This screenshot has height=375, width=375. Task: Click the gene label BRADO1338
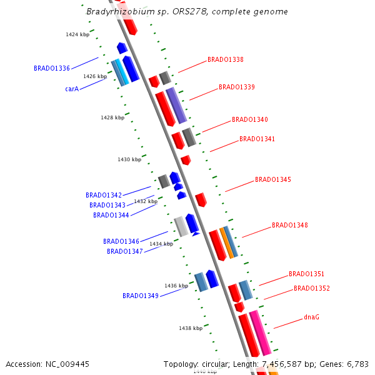click(x=226, y=60)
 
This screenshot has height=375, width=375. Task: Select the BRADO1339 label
click(x=237, y=87)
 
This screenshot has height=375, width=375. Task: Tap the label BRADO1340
click(x=250, y=119)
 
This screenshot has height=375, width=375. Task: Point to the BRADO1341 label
click(x=257, y=139)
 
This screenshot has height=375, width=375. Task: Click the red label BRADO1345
click(x=273, y=180)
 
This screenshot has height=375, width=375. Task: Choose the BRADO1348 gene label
click(x=290, y=225)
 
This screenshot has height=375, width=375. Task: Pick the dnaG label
click(x=312, y=317)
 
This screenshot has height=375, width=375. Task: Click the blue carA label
click(x=71, y=89)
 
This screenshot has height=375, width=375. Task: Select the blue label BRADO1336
click(x=52, y=68)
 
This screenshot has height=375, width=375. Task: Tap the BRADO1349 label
click(x=141, y=296)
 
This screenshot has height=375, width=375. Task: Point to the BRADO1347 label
click(x=125, y=251)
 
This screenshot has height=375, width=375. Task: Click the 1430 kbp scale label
click(x=129, y=159)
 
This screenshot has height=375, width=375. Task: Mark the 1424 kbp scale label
click(x=77, y=34)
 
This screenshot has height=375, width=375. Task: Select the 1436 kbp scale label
click(x=176, y=286)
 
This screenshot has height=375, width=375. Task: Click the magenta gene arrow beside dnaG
click(x=260, y=331)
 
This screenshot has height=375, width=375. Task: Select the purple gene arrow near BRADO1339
click(x=176, y=105)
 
